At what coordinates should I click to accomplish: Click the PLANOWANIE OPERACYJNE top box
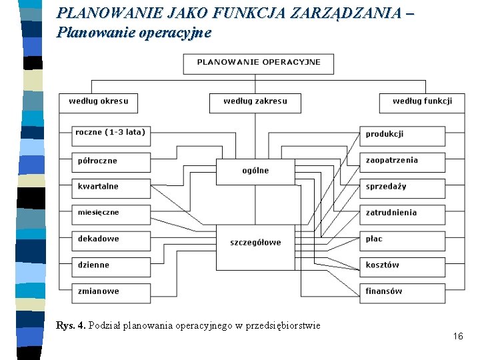pos(258,63)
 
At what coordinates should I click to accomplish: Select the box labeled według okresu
pos(98,103)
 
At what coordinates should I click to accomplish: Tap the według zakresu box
pos(255,103)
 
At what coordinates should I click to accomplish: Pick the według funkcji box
pos(422,103)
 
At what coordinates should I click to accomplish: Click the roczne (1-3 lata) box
pos(111,134)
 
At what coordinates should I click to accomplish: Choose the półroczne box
pos(111,161)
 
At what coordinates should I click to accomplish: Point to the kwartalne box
pos(111,187)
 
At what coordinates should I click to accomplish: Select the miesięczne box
pos(111,213)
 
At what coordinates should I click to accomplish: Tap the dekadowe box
pos(111,239)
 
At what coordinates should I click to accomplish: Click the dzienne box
pos(111,265)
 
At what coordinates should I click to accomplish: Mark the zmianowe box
pos(111,292)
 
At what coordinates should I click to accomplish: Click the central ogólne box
pos(255,171)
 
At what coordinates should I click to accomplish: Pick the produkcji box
pos(402,135)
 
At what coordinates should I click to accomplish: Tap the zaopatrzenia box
pos(402,161)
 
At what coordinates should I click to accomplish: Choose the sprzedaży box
pos(402,187)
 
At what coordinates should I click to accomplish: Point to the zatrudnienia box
pos(402,213)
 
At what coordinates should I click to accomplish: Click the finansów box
pos(402,292)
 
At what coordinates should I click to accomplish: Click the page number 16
pos(457,337)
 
